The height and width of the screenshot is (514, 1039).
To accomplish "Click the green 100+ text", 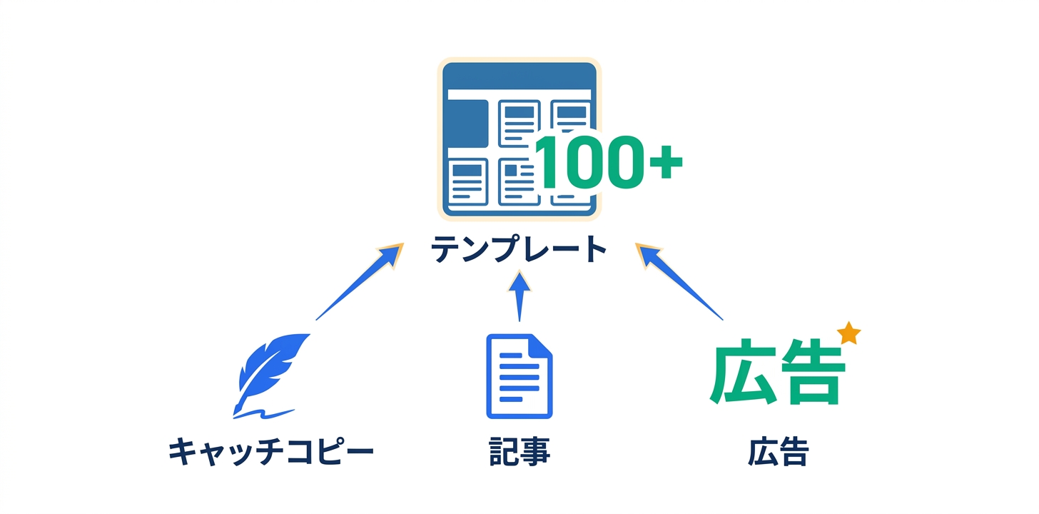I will pyautogui.click(x=607, y=163).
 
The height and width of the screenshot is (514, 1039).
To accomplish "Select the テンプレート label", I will pyautogui.click(x=519, y=251).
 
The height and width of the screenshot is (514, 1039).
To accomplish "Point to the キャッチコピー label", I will pyautogui.click(x=271, y=453).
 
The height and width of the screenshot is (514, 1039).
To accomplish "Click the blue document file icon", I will pyautogui.click(x=519, y=376).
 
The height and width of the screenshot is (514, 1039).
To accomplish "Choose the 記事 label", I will pyautogui.click(x=519, y=453).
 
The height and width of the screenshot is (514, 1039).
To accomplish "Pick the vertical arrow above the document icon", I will pyautogui.click(x=519, y=296).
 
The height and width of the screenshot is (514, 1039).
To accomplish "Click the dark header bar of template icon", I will pyautogui.click(x=519, y=76).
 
